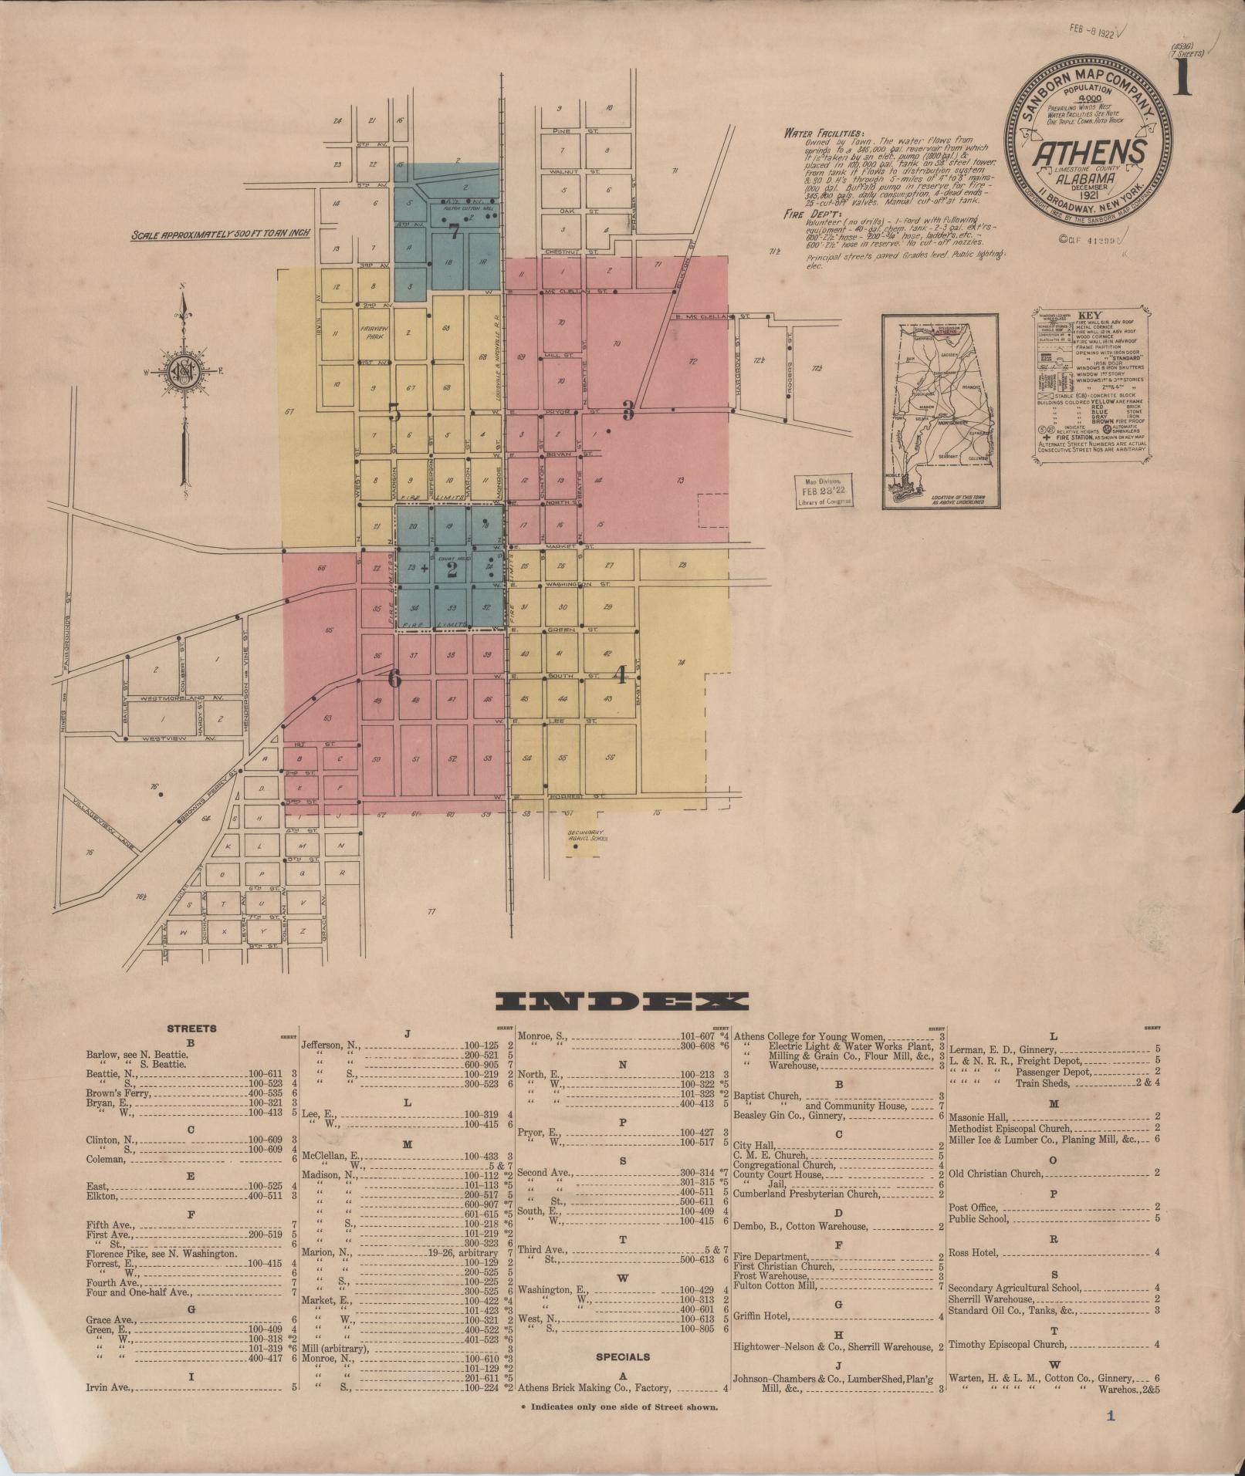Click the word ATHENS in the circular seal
pyautogui.click(x=1089, y=154)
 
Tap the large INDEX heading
pyautogui.click(x=621, y=1001)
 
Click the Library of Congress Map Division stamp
pyautogui.click(x=824, y=491)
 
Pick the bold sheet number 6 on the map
pyautogui.click(x=394, y=679)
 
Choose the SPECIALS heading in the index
pyautogui.click(x=622, y=1356)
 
